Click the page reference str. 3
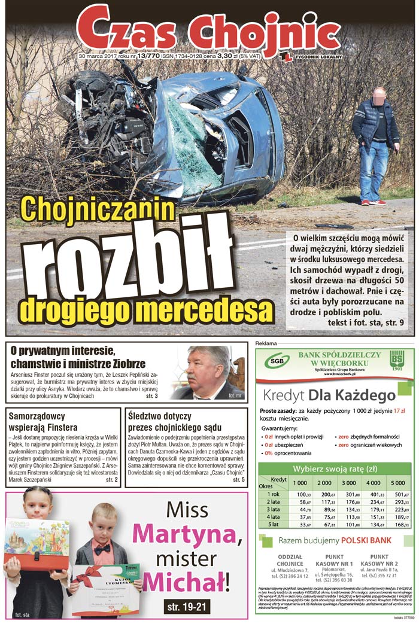[151, 396]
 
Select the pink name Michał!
[186, 581]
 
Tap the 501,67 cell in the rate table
[396, 495]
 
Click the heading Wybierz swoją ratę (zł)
[335, 469]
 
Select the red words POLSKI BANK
[366, 541]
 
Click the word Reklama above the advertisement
[266, 343]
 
